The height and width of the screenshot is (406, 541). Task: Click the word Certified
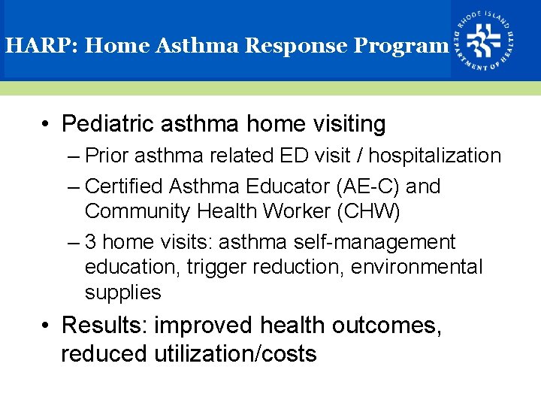pos(125,186)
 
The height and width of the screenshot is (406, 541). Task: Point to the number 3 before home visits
pos(91,242)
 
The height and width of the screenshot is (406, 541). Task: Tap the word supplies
pos(122,292)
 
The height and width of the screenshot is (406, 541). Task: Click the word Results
pos(104,326)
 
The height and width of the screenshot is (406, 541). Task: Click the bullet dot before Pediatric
pos(47,124)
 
